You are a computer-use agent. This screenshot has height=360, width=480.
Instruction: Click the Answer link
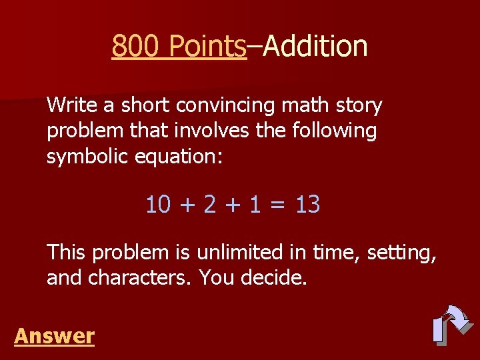pos(54,335)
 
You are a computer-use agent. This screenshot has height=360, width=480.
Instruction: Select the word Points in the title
pos(207,46)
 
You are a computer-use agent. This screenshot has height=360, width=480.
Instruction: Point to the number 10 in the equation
pos(159,205)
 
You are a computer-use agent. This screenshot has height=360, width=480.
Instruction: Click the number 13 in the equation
pos(307,205)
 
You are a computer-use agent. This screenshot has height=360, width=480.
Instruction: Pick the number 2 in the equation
pos(210,205)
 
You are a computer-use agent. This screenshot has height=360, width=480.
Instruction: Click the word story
pos(359,106)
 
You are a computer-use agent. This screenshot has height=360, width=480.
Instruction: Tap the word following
pos(335,131)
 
